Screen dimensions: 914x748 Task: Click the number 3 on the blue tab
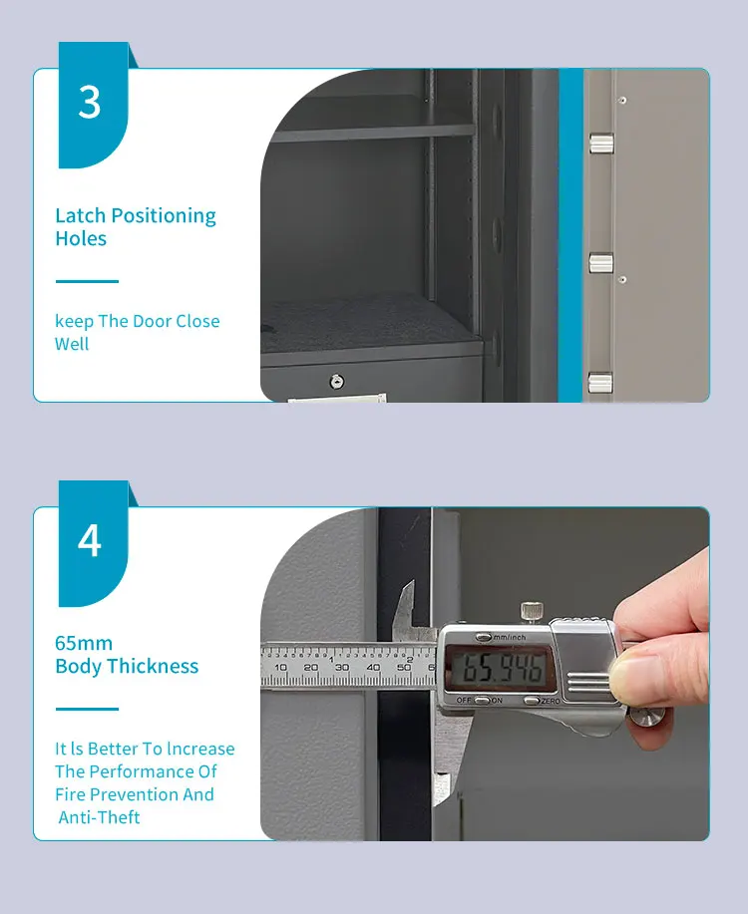click(90, 103)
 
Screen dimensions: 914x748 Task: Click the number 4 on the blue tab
click(90, 540)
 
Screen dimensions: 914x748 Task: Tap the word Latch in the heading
click(80, 215)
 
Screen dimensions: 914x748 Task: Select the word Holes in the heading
click(81, 238)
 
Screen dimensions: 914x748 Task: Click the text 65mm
click(84, 643)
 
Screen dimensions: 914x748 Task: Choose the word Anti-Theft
click(99, 817)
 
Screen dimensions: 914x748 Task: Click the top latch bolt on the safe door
click(600, 144)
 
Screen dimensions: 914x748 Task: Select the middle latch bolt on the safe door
click(600, 262)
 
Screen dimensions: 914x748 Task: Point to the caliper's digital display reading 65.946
click(496, 667)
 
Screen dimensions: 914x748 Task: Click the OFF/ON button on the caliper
click(482, 700)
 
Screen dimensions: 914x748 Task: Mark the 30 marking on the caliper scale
click(342, 667)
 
